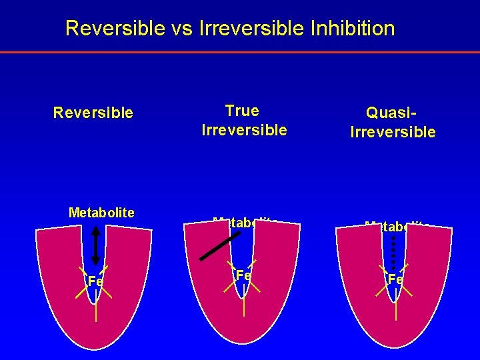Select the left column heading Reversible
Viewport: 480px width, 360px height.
[93, 113]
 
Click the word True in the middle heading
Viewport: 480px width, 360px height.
[242, 111]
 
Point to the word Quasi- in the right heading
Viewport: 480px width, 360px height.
[392, 113]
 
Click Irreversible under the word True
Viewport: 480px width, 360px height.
[244, 130]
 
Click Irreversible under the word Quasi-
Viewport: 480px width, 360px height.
[393, 132]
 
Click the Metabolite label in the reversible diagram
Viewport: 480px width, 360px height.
[101, 213]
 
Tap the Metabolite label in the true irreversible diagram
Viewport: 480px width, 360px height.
[245, 222]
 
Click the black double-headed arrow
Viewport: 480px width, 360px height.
[95, 246]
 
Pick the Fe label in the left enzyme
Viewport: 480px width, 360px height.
[95, 281]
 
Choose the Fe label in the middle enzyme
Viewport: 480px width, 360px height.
[243, 275]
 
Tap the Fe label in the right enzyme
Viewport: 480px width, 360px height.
[395, 279]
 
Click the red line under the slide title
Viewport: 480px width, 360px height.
[240, 52]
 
